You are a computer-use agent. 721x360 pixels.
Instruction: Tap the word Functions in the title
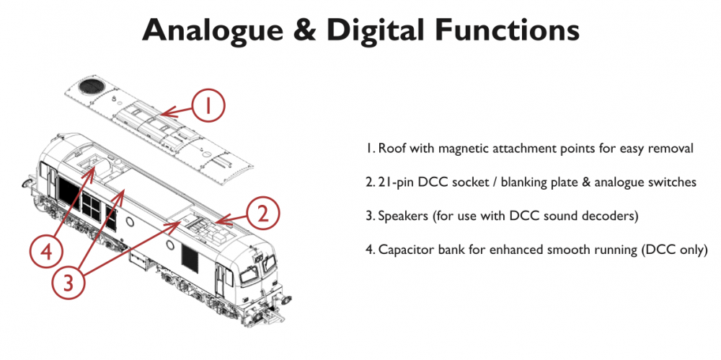click(x=507, y=30)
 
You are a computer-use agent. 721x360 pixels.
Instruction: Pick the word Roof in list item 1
click(x=389, y=149)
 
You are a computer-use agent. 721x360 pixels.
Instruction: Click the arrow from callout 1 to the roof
click(x=176, y=110)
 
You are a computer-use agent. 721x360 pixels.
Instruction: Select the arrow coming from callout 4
click(x=74, y=203)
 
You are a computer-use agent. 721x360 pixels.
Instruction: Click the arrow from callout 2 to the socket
click(x=231, y=219)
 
